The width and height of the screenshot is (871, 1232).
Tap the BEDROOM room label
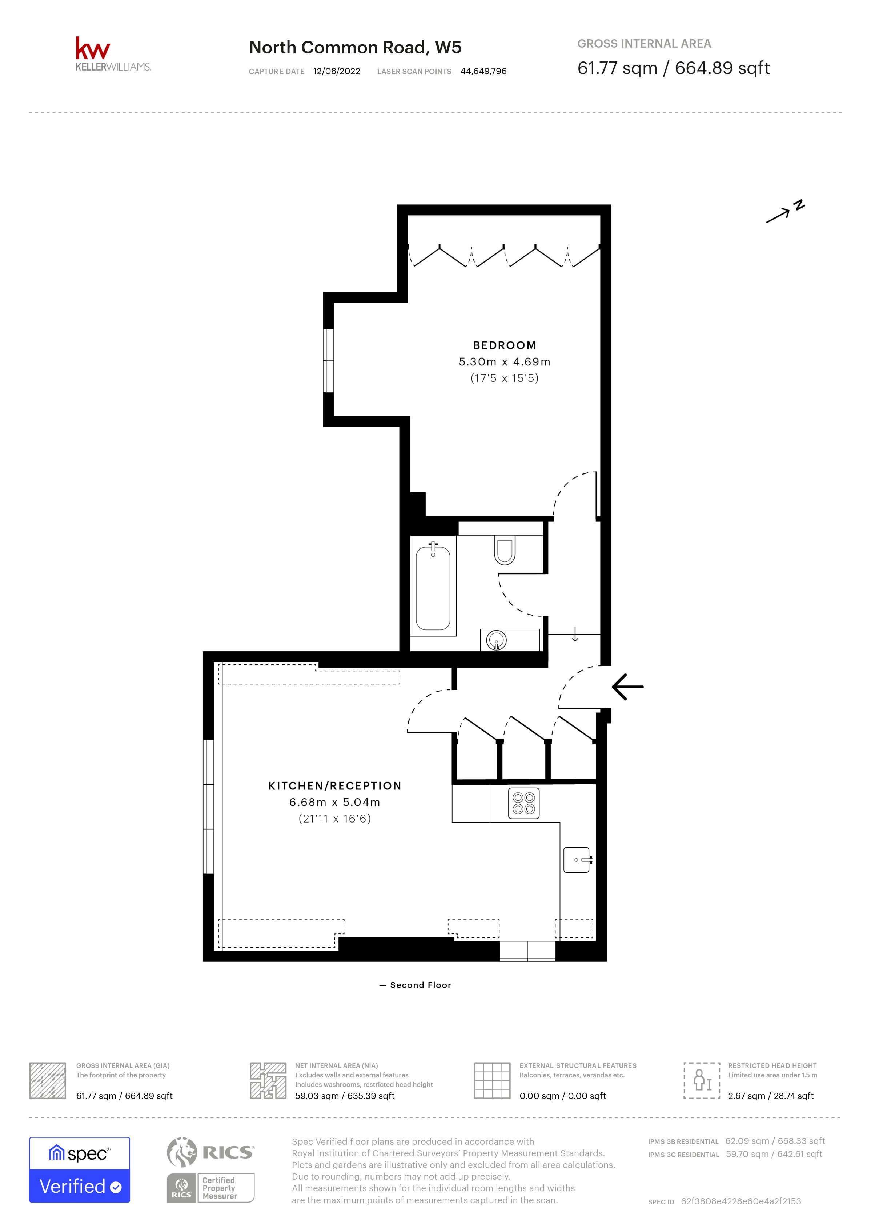[x=504, y=345]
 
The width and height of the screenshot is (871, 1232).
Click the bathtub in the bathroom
[x=433, y=588]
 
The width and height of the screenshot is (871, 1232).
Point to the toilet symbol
[x=504, y=551]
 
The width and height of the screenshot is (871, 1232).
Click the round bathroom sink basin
[x=497, y=640]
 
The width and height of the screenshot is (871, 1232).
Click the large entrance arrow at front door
[x=627, y=687]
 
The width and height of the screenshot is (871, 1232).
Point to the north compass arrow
[x=784, y=212]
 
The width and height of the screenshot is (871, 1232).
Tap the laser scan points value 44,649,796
[x=483, y=71]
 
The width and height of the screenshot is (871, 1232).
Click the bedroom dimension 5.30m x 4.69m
[x=504, y=362]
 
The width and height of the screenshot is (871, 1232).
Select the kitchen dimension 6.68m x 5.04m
[x=335, y=802]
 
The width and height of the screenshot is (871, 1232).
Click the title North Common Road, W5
[x=355, y=48]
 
